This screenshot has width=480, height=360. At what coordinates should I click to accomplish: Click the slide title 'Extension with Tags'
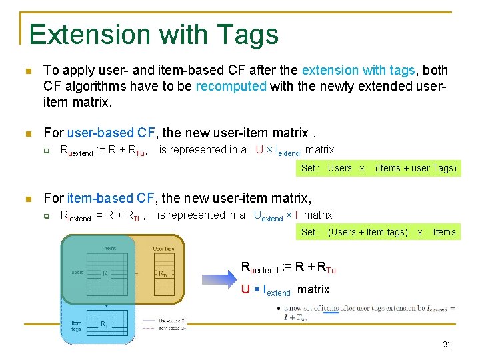153,34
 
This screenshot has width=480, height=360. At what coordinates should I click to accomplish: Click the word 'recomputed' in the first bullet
231,87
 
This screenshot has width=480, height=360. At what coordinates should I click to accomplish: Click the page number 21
447,345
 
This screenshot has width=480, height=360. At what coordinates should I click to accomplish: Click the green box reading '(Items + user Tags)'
416,168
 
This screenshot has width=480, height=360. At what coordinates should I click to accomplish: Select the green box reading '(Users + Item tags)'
368,232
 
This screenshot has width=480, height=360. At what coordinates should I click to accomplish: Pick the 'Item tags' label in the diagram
76,325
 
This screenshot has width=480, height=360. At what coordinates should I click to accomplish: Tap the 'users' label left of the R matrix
77,272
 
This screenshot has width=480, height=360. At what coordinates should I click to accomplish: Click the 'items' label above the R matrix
109,249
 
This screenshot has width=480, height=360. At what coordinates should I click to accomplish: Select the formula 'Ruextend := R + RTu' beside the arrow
288,269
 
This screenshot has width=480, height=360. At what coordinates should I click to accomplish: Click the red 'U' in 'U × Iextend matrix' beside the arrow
245,290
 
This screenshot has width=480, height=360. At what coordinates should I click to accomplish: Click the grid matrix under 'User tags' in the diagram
163,273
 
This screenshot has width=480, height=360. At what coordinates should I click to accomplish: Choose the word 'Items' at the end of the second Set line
444,232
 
